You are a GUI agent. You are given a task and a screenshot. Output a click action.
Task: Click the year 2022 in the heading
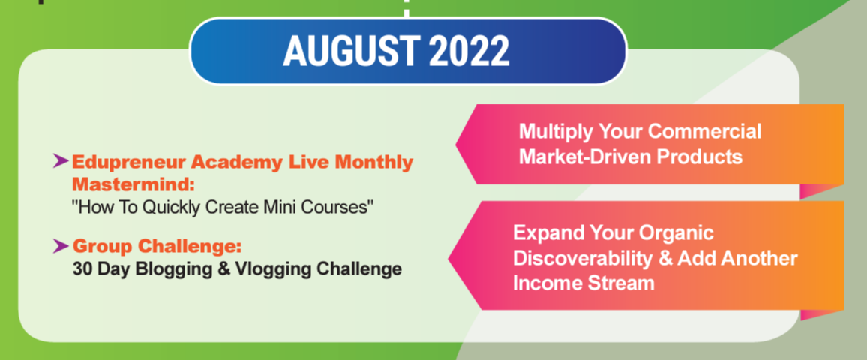point(468,52)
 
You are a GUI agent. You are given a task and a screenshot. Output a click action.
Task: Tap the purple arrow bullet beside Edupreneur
point(60,161)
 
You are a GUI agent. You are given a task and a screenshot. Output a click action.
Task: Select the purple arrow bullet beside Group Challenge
point(60,245)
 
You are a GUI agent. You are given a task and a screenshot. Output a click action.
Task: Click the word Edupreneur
point(128,163)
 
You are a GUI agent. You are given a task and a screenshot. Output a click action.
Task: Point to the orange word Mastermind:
point(135,183)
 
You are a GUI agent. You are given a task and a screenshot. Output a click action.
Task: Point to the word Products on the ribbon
point(700,157)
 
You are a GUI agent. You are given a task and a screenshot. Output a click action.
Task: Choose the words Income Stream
point(584,283)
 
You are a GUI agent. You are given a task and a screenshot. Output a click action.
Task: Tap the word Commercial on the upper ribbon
point(705,132)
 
